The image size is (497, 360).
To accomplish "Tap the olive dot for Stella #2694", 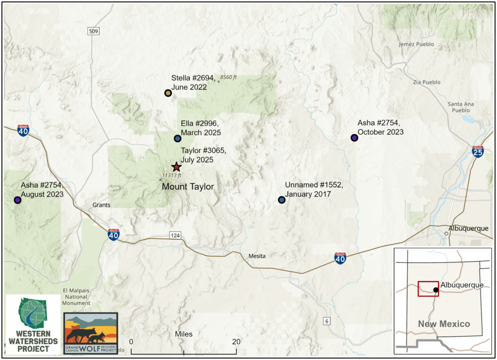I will tap(168, 93).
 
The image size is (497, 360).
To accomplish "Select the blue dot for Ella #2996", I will tap(178, 138).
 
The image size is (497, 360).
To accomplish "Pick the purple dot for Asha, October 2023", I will tap(354, 138).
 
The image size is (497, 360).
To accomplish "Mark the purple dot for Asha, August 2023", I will tap(17, 199).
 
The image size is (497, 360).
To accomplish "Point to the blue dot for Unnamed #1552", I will tap(282, 199).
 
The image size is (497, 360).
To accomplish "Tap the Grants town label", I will tap(101, 205).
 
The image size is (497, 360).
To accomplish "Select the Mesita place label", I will tap(257, 256).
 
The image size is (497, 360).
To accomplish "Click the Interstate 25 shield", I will tap(478, 152).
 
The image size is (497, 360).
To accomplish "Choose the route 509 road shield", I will tap(94, 32).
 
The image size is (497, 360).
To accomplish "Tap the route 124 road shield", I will tap(175, 235).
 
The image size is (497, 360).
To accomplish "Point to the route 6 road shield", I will tap(327, 321).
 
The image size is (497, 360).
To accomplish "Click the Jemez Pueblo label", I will tap(416, 44).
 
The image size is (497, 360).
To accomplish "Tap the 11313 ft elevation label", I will tap(172, 176).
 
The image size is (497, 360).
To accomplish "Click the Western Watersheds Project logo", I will tap(33, 324).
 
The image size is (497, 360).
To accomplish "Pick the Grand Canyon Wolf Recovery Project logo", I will tap(91, 333).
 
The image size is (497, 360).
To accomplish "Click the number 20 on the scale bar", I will tap(237, 341).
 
